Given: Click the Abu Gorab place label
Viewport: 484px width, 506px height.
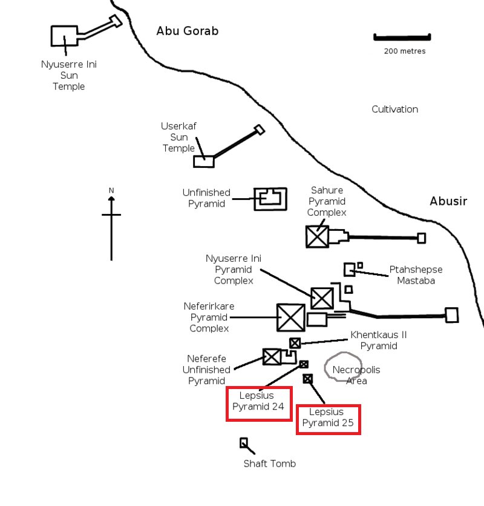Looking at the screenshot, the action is [x=187, y=31].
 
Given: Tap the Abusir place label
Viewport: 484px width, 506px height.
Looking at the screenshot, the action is [x=448, y=201].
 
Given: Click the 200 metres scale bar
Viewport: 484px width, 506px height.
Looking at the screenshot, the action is [x=402, y=37].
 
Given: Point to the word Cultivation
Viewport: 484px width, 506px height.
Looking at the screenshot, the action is [x=394, y=109].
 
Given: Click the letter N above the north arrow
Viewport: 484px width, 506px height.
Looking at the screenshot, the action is [x=111, y=190].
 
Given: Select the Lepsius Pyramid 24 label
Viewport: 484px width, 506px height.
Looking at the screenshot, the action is [x=258, y=401].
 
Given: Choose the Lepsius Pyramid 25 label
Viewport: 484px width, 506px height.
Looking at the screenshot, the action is [x=328, y=418].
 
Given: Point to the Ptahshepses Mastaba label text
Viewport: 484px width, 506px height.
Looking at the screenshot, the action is [x=416, y=275].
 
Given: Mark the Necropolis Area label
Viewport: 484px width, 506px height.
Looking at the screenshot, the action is [x=356, y=375].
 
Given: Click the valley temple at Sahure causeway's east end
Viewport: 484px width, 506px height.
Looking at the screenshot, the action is [x=422, y=238].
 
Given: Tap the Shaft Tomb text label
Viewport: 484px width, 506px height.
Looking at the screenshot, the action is [x=270, y=464].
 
